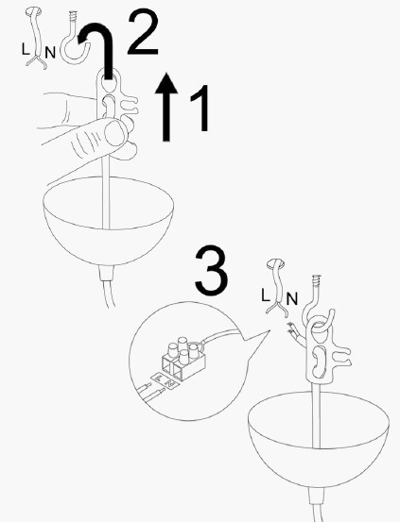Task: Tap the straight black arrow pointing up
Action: pyautogui.click(x=167, y=108)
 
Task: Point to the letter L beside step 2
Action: pyautogui.click(x=26, y=45)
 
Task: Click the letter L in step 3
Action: pyautogui.click(x=267, y=294)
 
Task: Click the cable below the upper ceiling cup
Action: pyautogui.click(x=110, y=288)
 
